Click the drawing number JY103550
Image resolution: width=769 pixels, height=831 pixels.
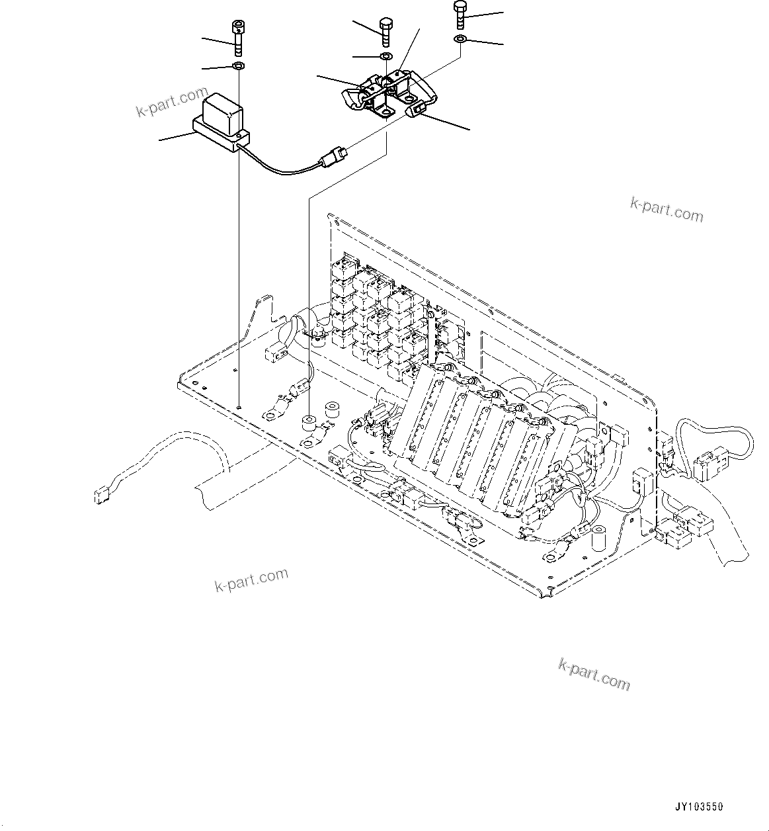point(700,807)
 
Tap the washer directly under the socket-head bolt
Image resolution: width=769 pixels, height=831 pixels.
point(238,66)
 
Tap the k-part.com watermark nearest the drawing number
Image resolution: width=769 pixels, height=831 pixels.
point(594,674)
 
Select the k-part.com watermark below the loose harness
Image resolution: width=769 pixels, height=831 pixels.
point(252,580)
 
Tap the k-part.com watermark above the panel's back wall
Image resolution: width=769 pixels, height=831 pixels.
point(667,210)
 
